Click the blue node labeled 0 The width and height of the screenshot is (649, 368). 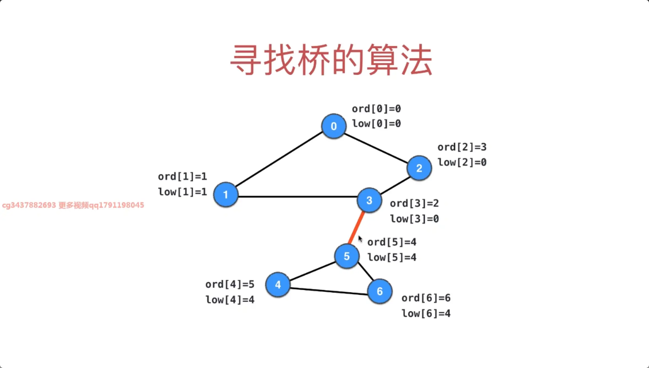[x=334, y=126]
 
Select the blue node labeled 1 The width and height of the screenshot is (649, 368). [x=226, y=195]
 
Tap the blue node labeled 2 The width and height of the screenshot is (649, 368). [x=419, y=168]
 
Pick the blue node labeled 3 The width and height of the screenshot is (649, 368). [x=369, y=200]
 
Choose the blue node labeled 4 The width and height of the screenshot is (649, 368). [x=278, y=285]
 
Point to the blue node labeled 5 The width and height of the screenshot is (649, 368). [x=347, y=256]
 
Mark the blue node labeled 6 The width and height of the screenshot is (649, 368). [x=380, y=291]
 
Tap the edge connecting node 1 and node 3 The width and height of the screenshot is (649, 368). [x=298, y=197]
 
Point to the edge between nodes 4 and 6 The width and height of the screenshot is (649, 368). [x=329, y=291]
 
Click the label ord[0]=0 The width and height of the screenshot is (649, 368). [x=376, y=109]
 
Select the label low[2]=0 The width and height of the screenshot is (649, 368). [x=462, y=162]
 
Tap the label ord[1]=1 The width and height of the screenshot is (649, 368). [x=182, y=177]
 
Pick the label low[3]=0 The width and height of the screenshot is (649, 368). [x=414, y=219]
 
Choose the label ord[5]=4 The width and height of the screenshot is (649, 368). [x=392, y=242]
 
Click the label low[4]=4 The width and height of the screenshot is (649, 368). [x=230, y=300]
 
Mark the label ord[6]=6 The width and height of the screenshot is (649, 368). [x=426, y=298]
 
